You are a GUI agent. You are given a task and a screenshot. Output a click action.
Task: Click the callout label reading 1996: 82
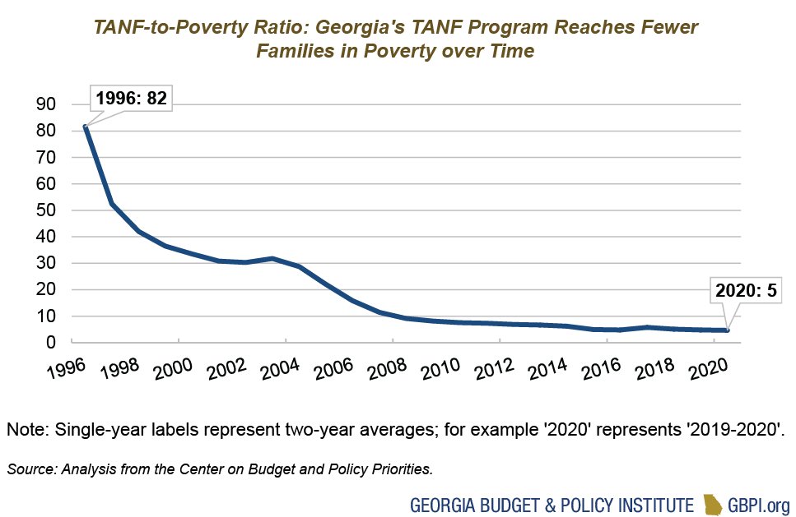tap(131, 99)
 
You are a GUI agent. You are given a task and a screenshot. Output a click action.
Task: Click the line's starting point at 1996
tap(86, 126)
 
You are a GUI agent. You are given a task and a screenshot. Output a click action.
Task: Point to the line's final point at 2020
tap(727, 330)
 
